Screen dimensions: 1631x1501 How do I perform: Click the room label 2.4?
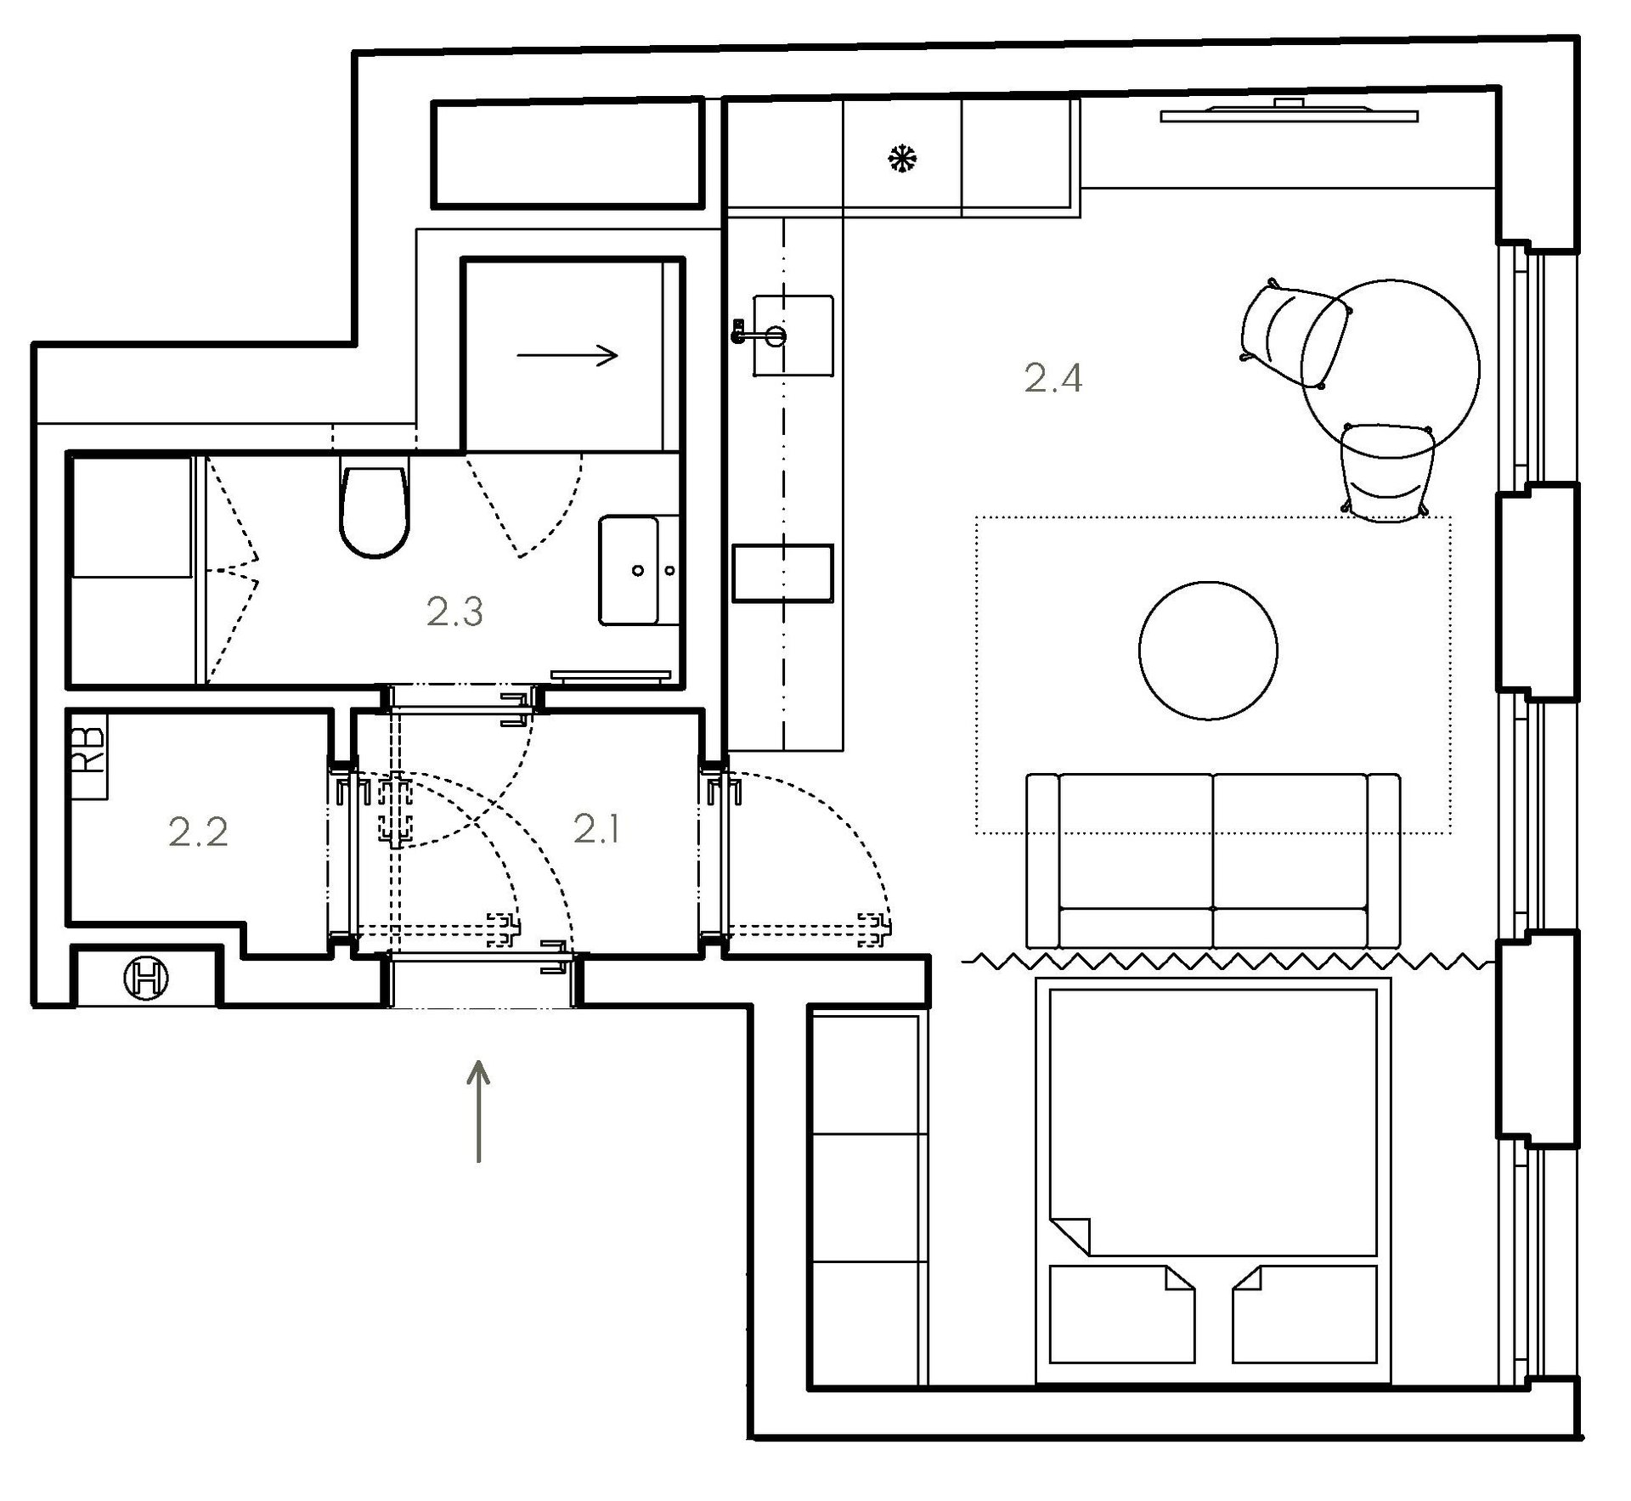tap(1053, 378)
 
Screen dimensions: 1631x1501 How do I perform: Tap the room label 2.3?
tap(454, 611)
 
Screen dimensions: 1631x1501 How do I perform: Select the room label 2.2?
tap(198, 832)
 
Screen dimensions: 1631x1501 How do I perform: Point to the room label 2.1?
tap(596, 828)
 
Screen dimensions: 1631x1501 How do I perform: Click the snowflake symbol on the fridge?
tap(902, 158)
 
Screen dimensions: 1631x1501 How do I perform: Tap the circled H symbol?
tap(146, 978)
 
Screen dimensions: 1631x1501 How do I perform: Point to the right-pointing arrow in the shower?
tap(567, 356)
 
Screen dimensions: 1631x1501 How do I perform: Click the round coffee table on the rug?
tap(1208, 650)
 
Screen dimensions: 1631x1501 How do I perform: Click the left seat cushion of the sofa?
tap(1136, 841)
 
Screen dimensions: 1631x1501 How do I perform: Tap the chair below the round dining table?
tap(1386, 471)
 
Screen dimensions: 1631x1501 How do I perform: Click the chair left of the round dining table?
tap(1293, 333)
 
